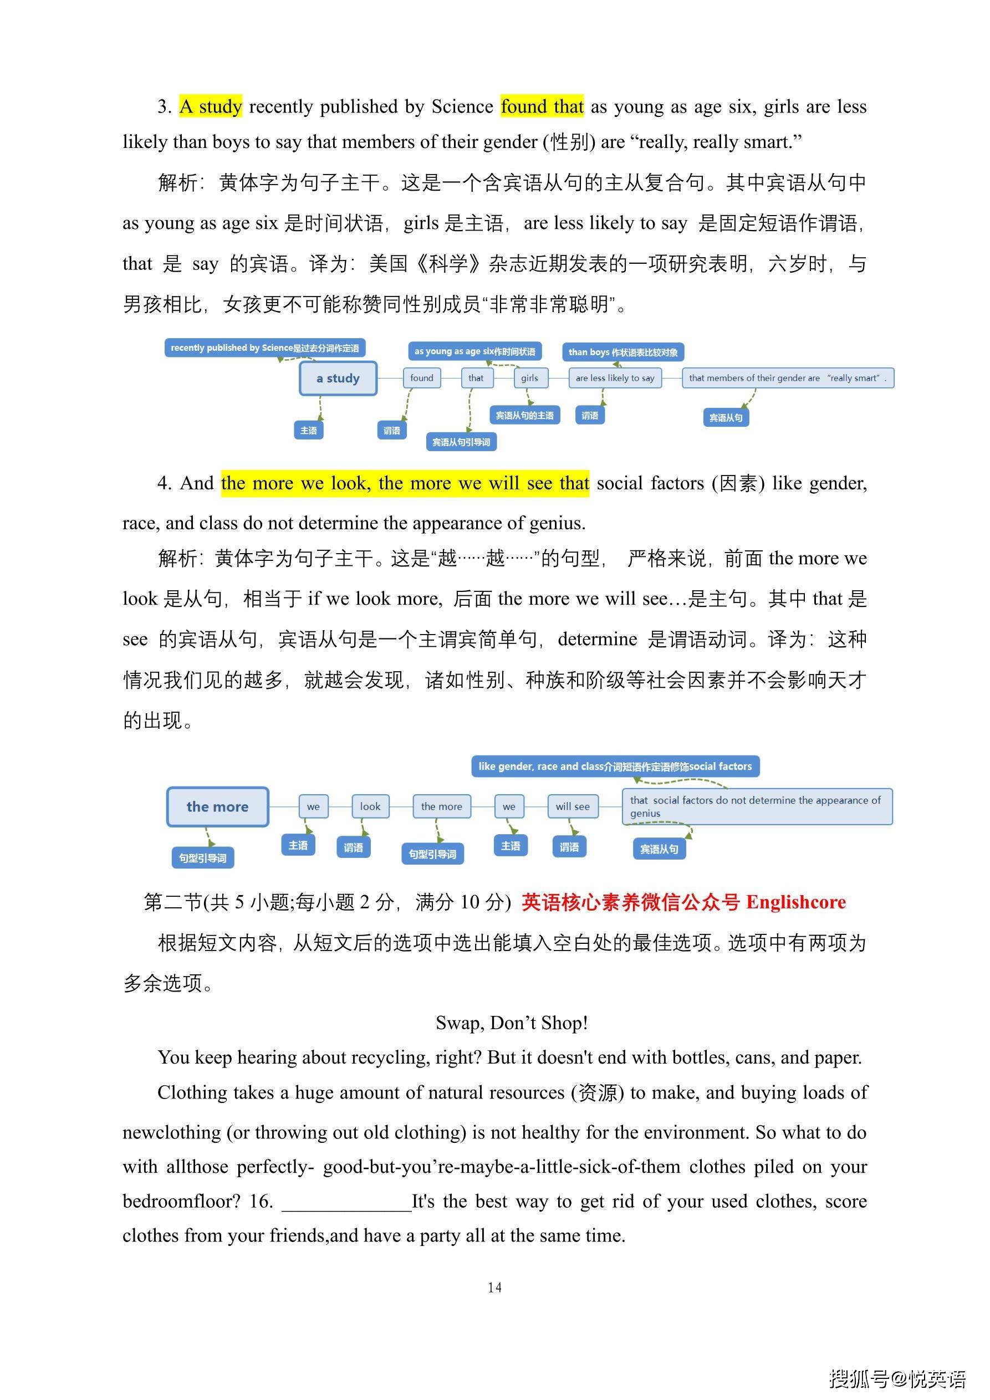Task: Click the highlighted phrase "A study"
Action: coord(211,107)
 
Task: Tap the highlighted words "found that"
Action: coord(542,107)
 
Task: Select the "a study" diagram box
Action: coord(338,378)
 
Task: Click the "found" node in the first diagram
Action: coord(421,378)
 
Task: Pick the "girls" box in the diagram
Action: coord(529,378)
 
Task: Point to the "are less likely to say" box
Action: coord(615,378)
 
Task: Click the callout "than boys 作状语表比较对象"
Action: coord(623,352)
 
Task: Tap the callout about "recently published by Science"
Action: coord(265,348)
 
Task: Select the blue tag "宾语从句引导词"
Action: coord(461,442)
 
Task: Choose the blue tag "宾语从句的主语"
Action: coord(524,415)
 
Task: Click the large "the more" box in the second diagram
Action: coord(217,807)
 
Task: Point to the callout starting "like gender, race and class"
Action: coord(615,767)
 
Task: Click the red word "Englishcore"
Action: coord(795,902)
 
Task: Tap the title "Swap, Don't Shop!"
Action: coord(512,1023)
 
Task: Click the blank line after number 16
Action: coord(346,1202)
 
